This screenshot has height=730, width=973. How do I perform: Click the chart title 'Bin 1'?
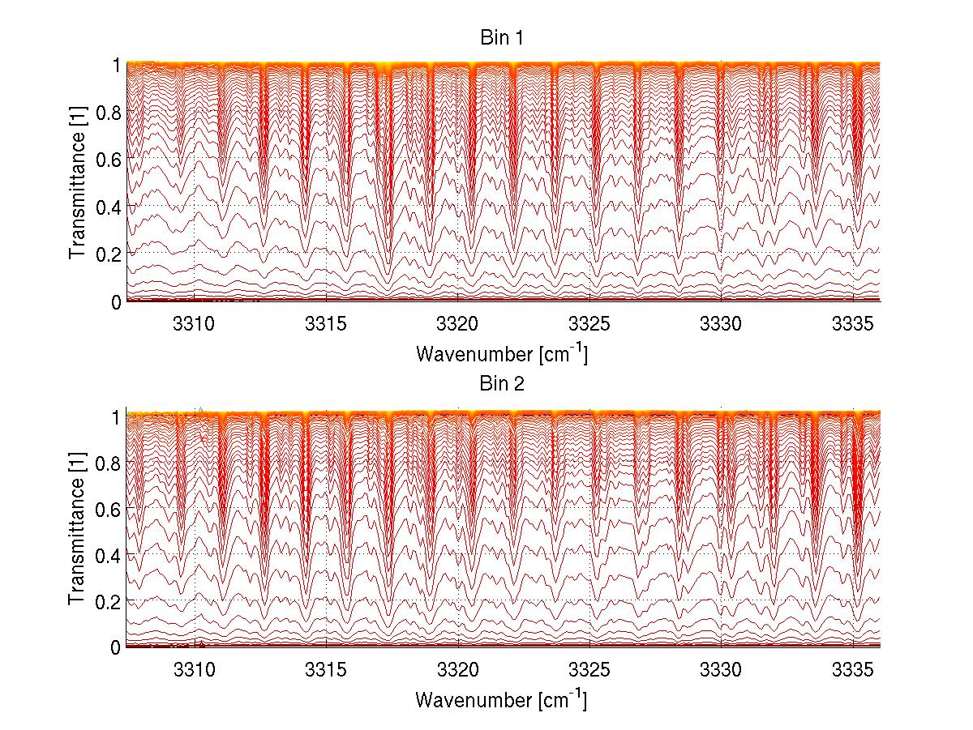[x=503, y=38]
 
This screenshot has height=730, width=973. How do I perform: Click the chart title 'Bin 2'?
[x=503, y=383]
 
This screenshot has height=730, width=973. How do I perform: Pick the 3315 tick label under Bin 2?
[x=326, y=668]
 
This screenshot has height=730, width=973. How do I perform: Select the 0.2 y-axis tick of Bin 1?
[x=108, y=254]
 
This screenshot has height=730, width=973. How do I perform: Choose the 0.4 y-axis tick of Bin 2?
[x=108, y=554]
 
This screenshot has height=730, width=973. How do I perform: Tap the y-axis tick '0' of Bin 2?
[x=116, y=647]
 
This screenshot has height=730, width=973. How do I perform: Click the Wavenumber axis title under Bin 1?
[x=501, y=353]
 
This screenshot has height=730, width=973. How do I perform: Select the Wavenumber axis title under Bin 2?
[x=501, y=698]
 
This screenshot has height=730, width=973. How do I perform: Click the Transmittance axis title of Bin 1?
[x=77, y=182]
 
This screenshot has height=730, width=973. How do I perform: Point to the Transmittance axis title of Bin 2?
[x=77, y=528]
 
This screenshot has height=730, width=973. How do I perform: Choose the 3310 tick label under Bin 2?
[x=195, y=668]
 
